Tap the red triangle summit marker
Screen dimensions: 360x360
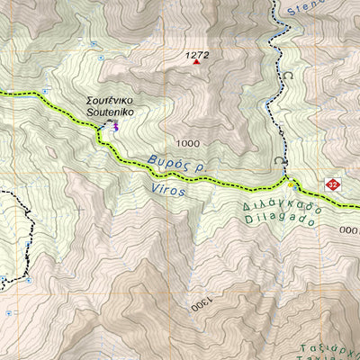click(194, 64)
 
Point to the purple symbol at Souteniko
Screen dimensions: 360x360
click(113, 126)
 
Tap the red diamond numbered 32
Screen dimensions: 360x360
click(332, 184)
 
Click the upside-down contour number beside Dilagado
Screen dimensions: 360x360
click(349, 229)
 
